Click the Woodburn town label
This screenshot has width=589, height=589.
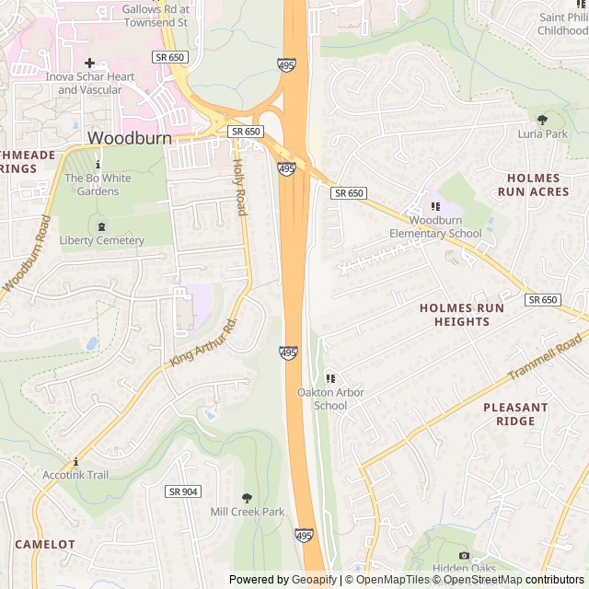[130, 137]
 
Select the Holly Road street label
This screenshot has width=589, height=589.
[239, 187]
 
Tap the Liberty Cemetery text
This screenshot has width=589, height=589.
[101, 240]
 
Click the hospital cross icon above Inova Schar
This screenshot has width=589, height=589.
[89, 63]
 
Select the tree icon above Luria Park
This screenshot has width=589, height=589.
[542, 119]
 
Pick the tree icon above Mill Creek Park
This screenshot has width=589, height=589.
[247, 498]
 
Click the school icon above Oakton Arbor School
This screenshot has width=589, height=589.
[330, 378]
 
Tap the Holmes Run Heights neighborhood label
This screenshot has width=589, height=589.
[461, 315]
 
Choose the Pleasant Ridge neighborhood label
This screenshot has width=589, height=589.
[515, 414]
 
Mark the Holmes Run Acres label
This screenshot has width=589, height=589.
[528, 185]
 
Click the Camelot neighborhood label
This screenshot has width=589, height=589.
[45, 544]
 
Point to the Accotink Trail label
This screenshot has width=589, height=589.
[75, 475]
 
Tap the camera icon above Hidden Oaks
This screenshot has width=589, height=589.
[464, 555]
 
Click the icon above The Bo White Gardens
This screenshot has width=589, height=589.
[98, 164]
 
